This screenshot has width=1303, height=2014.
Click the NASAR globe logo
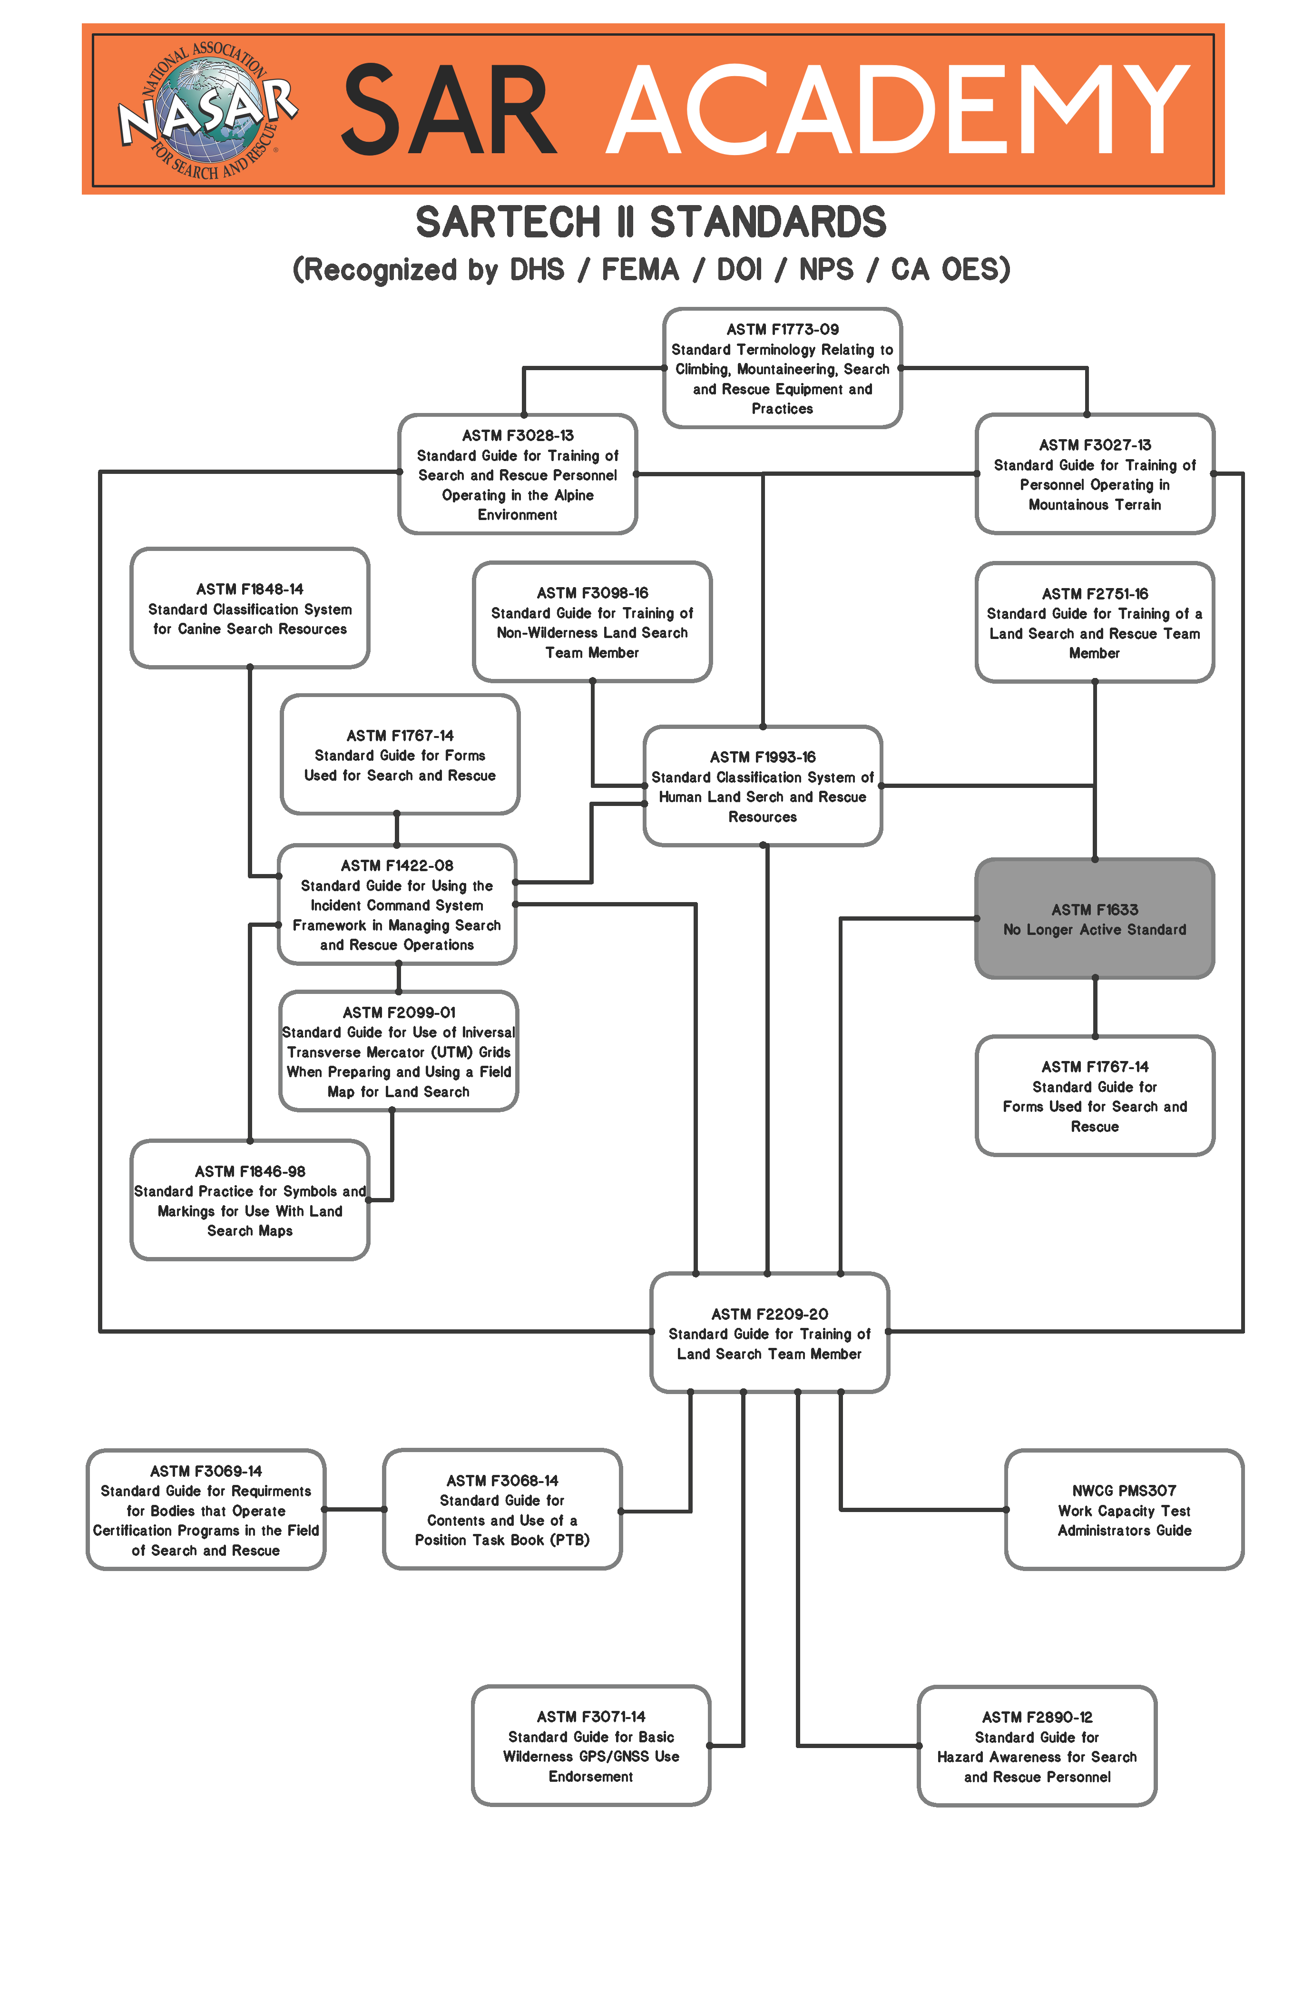tap(207, 110)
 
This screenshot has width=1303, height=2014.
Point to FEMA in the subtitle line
tap(640, 270)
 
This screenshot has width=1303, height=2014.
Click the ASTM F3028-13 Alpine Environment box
tap(518, 474)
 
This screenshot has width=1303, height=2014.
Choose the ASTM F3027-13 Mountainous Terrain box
tap(1094, 474)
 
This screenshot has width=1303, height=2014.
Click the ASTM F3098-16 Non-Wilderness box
tap(592, 622)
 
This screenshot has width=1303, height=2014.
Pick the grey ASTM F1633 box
tap(1094, 919)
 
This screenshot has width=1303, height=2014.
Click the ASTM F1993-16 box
tap(762, 786)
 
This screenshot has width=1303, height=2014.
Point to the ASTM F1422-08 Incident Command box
tap(397, 904)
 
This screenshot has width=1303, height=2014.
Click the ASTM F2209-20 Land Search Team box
tap(769, 1333)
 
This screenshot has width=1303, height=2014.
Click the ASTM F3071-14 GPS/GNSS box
tap(590, 1746)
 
